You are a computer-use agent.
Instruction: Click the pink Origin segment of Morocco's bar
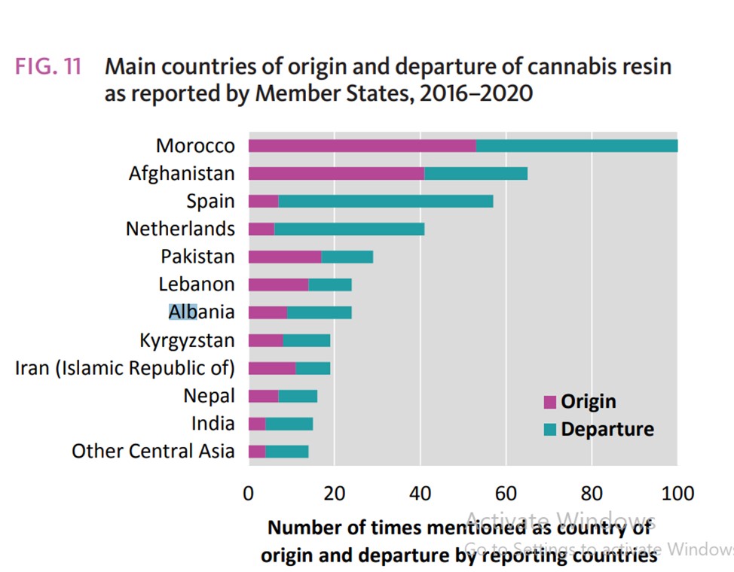coord(362,146)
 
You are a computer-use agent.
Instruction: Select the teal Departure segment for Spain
coord(386,202)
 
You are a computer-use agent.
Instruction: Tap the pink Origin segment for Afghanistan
coord(336,174)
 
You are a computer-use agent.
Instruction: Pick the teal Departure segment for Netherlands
coord(349,229)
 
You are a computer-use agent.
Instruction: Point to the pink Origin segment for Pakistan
coord(285,257)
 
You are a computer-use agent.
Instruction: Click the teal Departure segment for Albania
coord(319,312)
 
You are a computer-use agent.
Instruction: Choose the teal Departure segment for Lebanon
coord(330,284)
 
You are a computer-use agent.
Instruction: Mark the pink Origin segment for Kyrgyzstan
coord(265,340)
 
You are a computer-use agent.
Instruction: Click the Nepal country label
coord(209,395)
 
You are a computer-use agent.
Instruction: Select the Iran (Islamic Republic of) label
coord(125,368)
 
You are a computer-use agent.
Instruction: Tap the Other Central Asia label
coord(153,451)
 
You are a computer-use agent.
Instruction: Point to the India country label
coord(213,423)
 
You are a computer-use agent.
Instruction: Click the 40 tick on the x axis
coord(420,494)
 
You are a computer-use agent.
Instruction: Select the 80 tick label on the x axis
coord(592,494)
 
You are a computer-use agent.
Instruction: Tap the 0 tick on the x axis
coord(249,494)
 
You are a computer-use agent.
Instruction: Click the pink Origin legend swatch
coord(549,402)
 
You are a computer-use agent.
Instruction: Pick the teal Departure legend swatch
coord(549,430)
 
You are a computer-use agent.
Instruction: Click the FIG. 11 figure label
coord(49,66)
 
